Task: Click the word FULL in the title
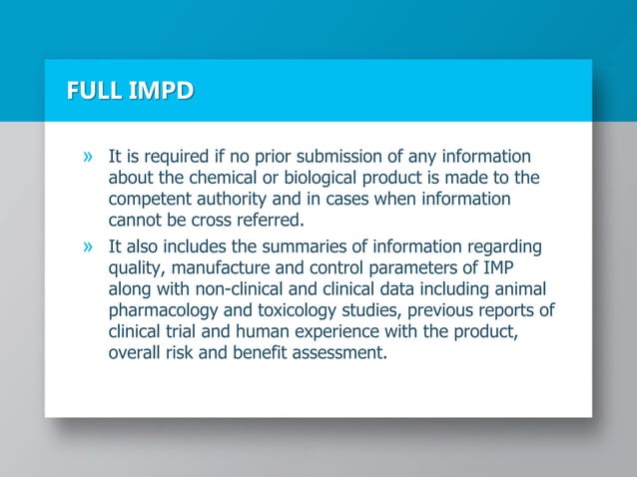click(x=89, y=94)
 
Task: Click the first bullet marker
click(x=89, y=157)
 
